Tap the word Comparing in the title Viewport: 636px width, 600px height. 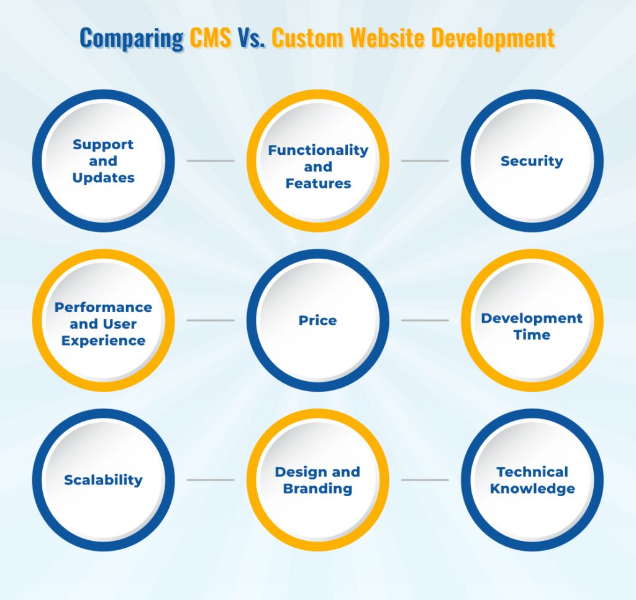[x=132, y=38]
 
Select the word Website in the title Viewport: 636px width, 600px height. [x=388, y=38]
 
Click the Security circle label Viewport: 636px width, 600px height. [x=532, y=161]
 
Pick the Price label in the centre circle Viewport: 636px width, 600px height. [x=317, y=321]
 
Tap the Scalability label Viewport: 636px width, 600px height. [x=103, y=480]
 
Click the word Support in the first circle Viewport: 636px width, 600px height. [x=103, y=144]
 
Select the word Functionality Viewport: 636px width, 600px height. [x=318, y=150]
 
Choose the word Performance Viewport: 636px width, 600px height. [x=103, y=307]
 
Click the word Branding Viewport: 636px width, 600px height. [x=317, y=489]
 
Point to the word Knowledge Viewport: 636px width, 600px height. [x=532, y=489]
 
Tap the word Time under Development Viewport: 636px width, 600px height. [x=532, y=335]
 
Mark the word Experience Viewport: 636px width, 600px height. [x=103, y=341]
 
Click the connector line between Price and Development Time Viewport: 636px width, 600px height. [x=425, y=321]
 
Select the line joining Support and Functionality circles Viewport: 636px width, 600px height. [x=211, y=161]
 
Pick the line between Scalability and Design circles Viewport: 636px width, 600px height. [x=211, y=480]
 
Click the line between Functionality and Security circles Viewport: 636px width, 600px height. [x=425, y=161]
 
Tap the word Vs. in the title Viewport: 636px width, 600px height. [x=250, y=38]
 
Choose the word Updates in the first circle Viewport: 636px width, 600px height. [x=103, y=178]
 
